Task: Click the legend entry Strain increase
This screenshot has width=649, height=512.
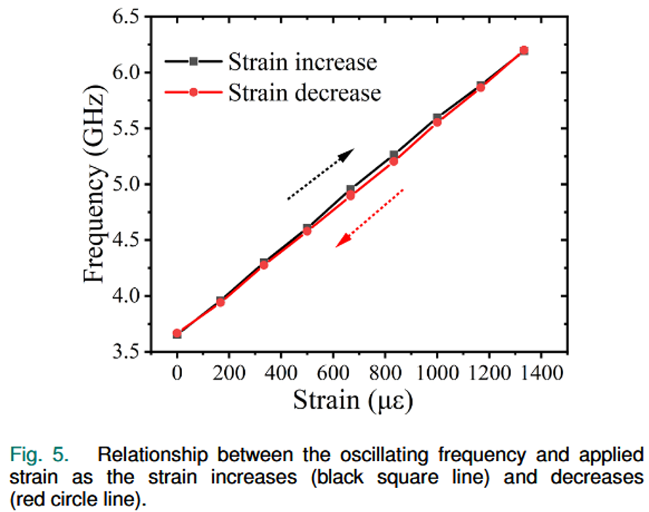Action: pyautogui.click(x=303, y=62)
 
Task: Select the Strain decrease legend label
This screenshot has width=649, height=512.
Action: pyautogui.click(x=304, y=93)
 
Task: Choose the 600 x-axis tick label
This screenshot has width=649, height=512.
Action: pyautogui.click(x=333, y=375)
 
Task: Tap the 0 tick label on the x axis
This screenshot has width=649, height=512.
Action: pyautogui.click(x=177, y=375)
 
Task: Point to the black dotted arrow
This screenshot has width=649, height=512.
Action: pyautogui.click(x=320, y=174)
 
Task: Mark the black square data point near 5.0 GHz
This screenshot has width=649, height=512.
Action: pyautogui.click(x=350, y=189)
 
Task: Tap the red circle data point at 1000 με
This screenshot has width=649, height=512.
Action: pyautogui.click(x=437, y=122)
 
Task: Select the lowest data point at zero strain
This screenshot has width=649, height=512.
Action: pyautogui.click(x=177, y=334)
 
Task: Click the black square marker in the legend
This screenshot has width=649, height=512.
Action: pyautogui.click(x=193, y=62)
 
